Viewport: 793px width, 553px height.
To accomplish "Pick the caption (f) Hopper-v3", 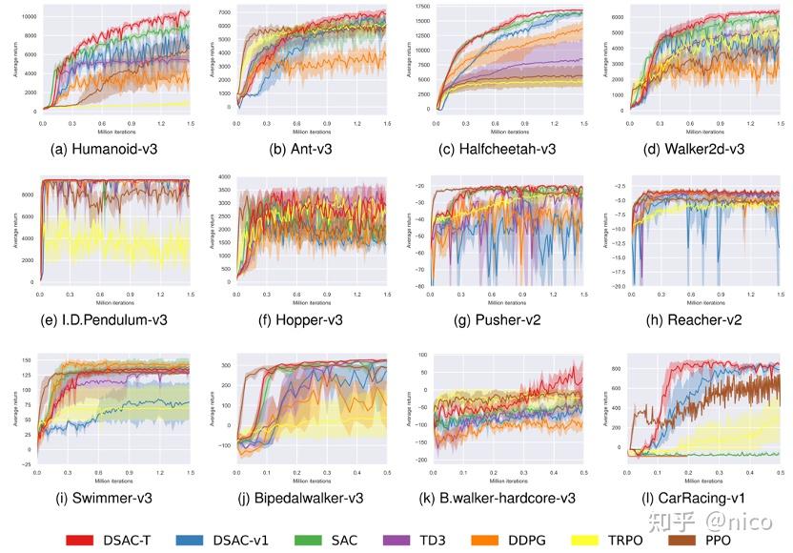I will [x=305, y=319].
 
